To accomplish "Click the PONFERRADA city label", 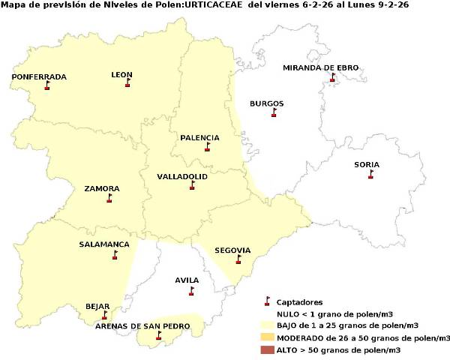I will pos(39,76).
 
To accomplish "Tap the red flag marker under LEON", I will pos(127,83).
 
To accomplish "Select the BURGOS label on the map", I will pos(266,103).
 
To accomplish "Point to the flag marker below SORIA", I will pos(370,175).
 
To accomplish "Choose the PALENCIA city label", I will pos(199,137).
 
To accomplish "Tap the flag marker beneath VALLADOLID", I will pos(192,185).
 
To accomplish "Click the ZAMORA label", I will pos(102,188).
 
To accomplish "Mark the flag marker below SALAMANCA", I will pos(115,255).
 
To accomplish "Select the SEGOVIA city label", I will pos(232,250).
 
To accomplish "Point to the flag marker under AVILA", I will pos(191,290).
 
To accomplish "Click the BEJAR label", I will pos(97,306).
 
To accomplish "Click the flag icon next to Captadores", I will pos(266,301).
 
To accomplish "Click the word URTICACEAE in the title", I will pos(212,5).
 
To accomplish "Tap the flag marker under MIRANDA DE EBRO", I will pos(331,78).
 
